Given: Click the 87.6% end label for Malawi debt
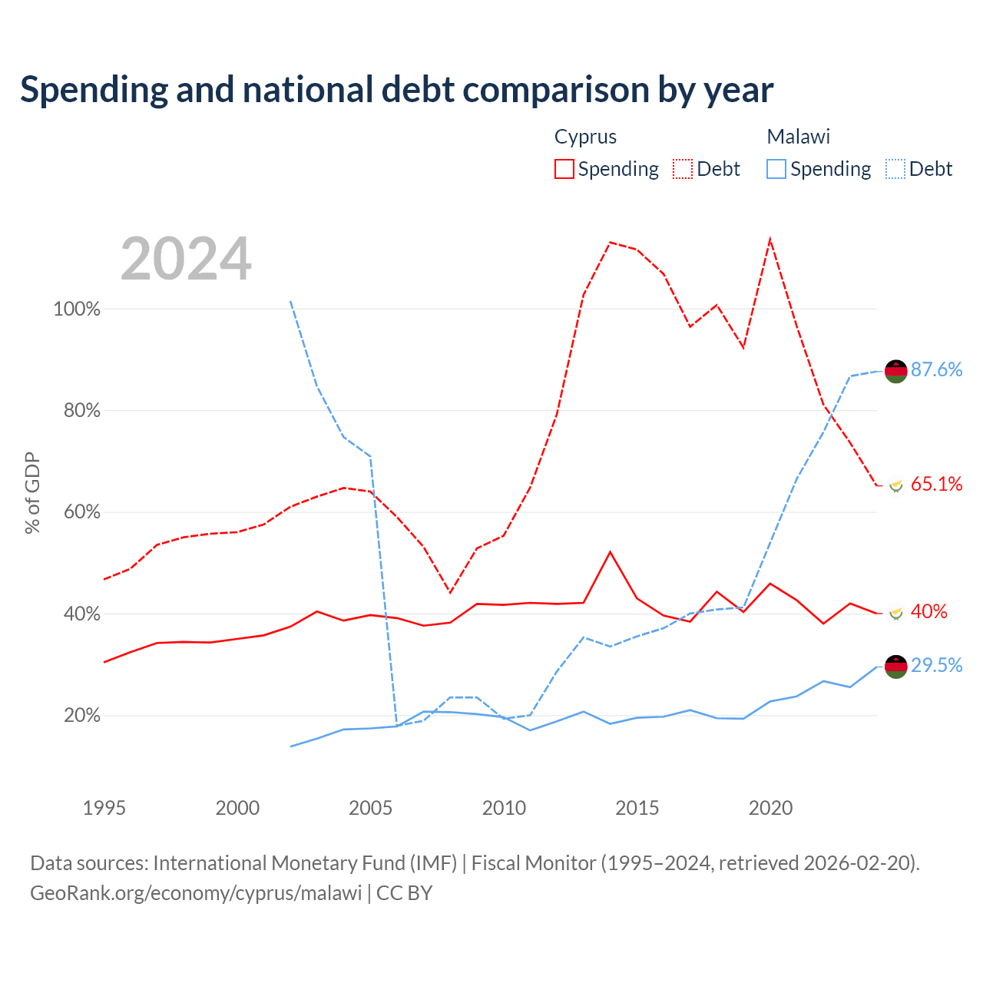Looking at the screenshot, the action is (x=936, y=369).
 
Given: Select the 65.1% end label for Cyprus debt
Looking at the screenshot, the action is (x=936, y=484).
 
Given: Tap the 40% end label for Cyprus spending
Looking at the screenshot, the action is (x=929, y=611).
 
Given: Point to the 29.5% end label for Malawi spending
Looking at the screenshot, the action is (x=936, y=665).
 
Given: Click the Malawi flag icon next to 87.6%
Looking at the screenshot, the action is (x=895, y=371).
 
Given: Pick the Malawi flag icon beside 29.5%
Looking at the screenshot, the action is (x=895, y=667).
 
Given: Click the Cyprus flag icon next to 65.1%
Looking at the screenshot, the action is (x=895, y=485).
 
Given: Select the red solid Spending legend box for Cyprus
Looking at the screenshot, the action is (x=564, y=169).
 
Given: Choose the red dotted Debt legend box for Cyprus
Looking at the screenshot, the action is (x=683, y=169).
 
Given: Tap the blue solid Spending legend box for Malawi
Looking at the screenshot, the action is (x=776, y=169).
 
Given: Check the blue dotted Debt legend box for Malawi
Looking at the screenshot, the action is (x=895, y=169).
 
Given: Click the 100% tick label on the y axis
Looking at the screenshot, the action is (x=77, y=309).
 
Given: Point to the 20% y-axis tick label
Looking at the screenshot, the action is (x=81, y=716).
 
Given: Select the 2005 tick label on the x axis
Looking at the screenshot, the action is (x=370, y=808).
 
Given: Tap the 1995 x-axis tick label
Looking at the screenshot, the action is (x=104, y=808).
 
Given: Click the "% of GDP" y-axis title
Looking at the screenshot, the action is (x=32, y=493).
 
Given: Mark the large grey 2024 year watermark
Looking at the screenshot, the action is (x=186, y=259).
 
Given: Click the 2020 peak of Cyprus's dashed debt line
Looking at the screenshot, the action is (x=770, y=240).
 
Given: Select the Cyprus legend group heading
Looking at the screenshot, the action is (x=585, y=137).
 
